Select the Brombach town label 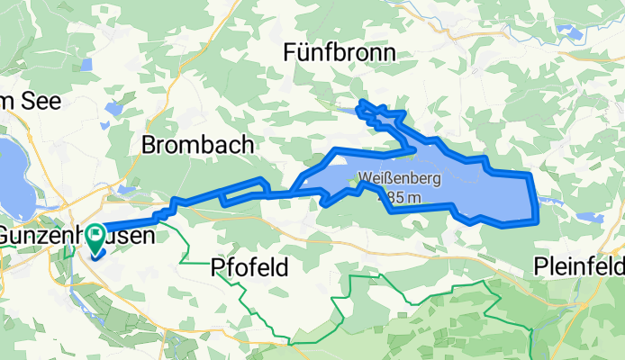pyautogui.click(x=197, y=145)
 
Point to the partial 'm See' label pyautogui.click(x=18, y=99)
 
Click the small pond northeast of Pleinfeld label pyautogui.click(x=590, y=218)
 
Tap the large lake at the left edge pyautogui.click(x=11, y=171)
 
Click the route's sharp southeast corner pyautogui.click(x=536, y=219)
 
